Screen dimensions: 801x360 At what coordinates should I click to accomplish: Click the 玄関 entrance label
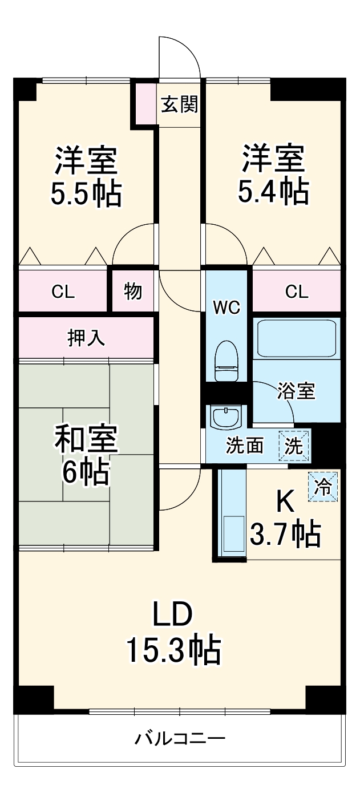179,104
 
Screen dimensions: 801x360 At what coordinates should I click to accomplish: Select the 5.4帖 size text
273,192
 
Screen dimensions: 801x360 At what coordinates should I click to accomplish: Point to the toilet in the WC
227,362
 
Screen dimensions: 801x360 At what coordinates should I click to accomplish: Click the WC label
226,308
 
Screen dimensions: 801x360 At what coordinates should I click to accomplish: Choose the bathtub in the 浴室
297,339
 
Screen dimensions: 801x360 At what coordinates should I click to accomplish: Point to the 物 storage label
133,292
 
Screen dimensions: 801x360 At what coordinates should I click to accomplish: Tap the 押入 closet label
86,338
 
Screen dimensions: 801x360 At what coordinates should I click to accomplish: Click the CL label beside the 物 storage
63,292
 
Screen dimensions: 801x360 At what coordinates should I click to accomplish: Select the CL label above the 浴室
297,292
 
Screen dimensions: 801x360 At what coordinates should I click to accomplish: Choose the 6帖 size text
86,471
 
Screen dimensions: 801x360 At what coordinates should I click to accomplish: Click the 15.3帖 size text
173,649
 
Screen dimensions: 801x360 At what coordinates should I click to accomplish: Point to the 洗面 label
244,446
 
